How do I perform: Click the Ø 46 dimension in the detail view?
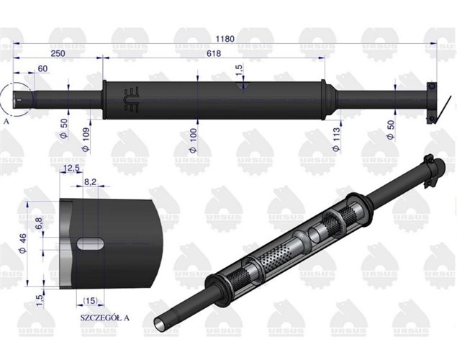tap(24, 240)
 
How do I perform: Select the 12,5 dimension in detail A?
tap(72, 168)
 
